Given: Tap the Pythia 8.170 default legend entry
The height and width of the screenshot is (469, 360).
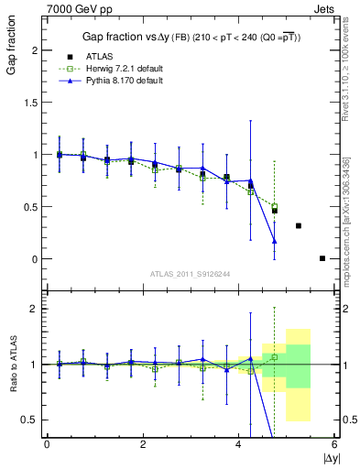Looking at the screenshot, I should [x=124, y=81].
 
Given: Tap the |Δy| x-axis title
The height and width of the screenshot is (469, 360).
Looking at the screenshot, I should [x=331, y=456].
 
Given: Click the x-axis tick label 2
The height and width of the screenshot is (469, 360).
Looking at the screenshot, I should [x=143, y=444].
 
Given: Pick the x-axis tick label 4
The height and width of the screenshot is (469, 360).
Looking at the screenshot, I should [x=239, y=444].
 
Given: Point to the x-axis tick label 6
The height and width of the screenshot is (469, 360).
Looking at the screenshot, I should [x=334, y=444].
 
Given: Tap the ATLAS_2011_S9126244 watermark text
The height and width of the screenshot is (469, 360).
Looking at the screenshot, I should [x=191, y=274].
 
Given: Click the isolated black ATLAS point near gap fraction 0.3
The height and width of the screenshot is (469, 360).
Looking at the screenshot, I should [x=299, y=225].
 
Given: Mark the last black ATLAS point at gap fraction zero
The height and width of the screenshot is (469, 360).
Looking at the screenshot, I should [x=322, y=258].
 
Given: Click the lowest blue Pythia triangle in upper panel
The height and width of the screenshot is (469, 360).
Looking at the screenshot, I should [x=274, y=241].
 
